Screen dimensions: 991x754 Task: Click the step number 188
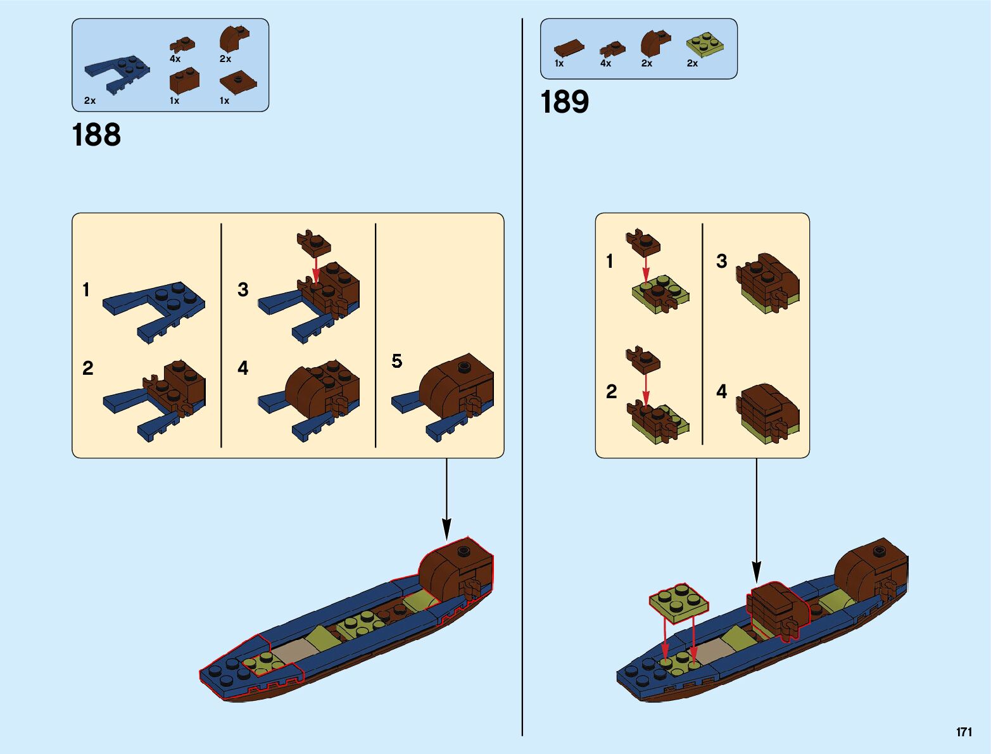click(96, 135)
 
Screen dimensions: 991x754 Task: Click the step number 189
click(564, 103)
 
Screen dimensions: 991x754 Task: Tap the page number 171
click(964, 732)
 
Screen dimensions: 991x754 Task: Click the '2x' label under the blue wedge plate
click(90, 101)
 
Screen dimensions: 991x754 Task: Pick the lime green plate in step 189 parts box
click(704, 44)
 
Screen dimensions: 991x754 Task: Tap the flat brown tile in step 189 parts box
click(569, 48)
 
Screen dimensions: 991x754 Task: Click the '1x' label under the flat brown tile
click(559, 63)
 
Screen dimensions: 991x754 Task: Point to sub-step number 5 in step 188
click(397, 361)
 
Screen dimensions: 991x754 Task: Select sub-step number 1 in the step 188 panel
click(86, 290)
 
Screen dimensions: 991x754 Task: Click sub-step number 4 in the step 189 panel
click(721, 391)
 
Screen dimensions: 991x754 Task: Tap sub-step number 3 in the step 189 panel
click(721, 261)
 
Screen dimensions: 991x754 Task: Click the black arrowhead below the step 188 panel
click(446, 529)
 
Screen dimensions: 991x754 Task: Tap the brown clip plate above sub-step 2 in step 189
click(643, 360)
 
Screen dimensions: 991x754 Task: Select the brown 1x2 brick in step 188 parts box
click(184, 81)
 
